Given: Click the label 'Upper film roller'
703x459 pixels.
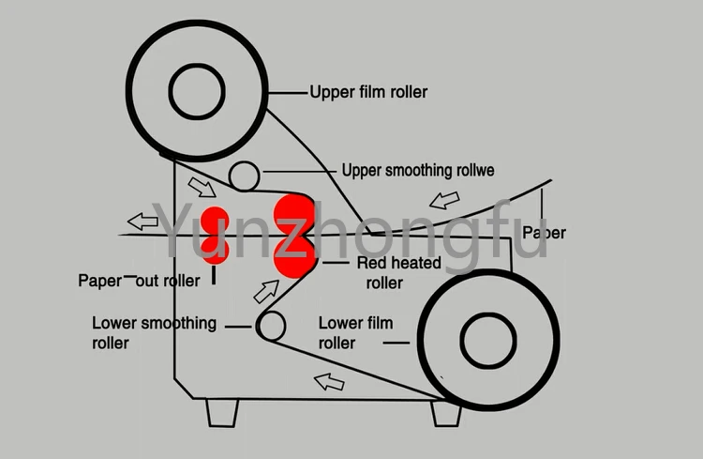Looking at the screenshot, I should point(368,92).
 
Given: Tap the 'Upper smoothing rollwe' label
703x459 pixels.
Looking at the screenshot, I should point(417,170).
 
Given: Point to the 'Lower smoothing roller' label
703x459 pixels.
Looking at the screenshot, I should point(153,332).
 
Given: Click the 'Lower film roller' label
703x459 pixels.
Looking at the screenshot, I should point(355,332).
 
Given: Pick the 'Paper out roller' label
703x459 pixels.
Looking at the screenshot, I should point(139,281).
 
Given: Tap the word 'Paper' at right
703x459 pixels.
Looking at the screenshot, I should point(544,232).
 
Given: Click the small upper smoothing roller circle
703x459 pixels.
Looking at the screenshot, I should point(245,175).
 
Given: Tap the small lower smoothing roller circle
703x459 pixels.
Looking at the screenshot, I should point(270,326).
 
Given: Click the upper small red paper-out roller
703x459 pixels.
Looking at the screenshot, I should point(216,219).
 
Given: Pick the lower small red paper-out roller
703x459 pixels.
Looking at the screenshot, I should point(216,249).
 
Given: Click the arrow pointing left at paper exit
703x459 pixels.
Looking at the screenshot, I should point(143,222).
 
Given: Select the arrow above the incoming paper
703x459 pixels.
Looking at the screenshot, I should point(445,200).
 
